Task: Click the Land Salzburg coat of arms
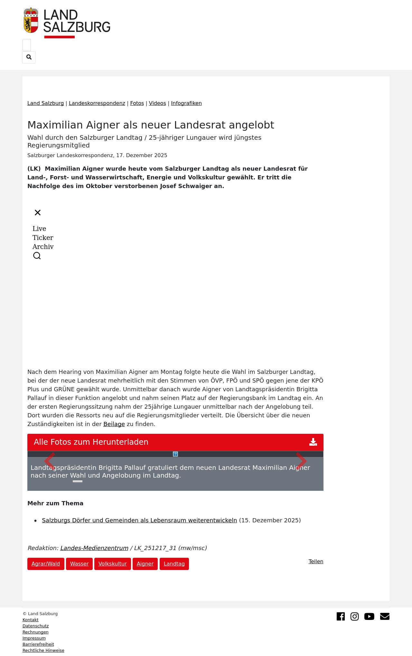click(31, 20)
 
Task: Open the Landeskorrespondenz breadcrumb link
click(97, 103)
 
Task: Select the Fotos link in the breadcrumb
click(137, 103)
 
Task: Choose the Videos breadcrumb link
click(157, 103)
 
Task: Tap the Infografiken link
click(186, 103)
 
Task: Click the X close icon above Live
click(38, 213)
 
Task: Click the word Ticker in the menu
click(43, 238)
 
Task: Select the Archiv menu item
click(43, 247)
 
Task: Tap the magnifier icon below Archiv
click(37, 256)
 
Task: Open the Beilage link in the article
click(114, 424)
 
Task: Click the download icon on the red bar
click(313, 442)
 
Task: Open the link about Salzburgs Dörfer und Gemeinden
click(139, 520)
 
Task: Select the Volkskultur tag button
click(112, 564)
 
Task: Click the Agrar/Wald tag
click(46, 564)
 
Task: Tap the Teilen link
click(316, 562)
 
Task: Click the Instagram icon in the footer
click(354, 616)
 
